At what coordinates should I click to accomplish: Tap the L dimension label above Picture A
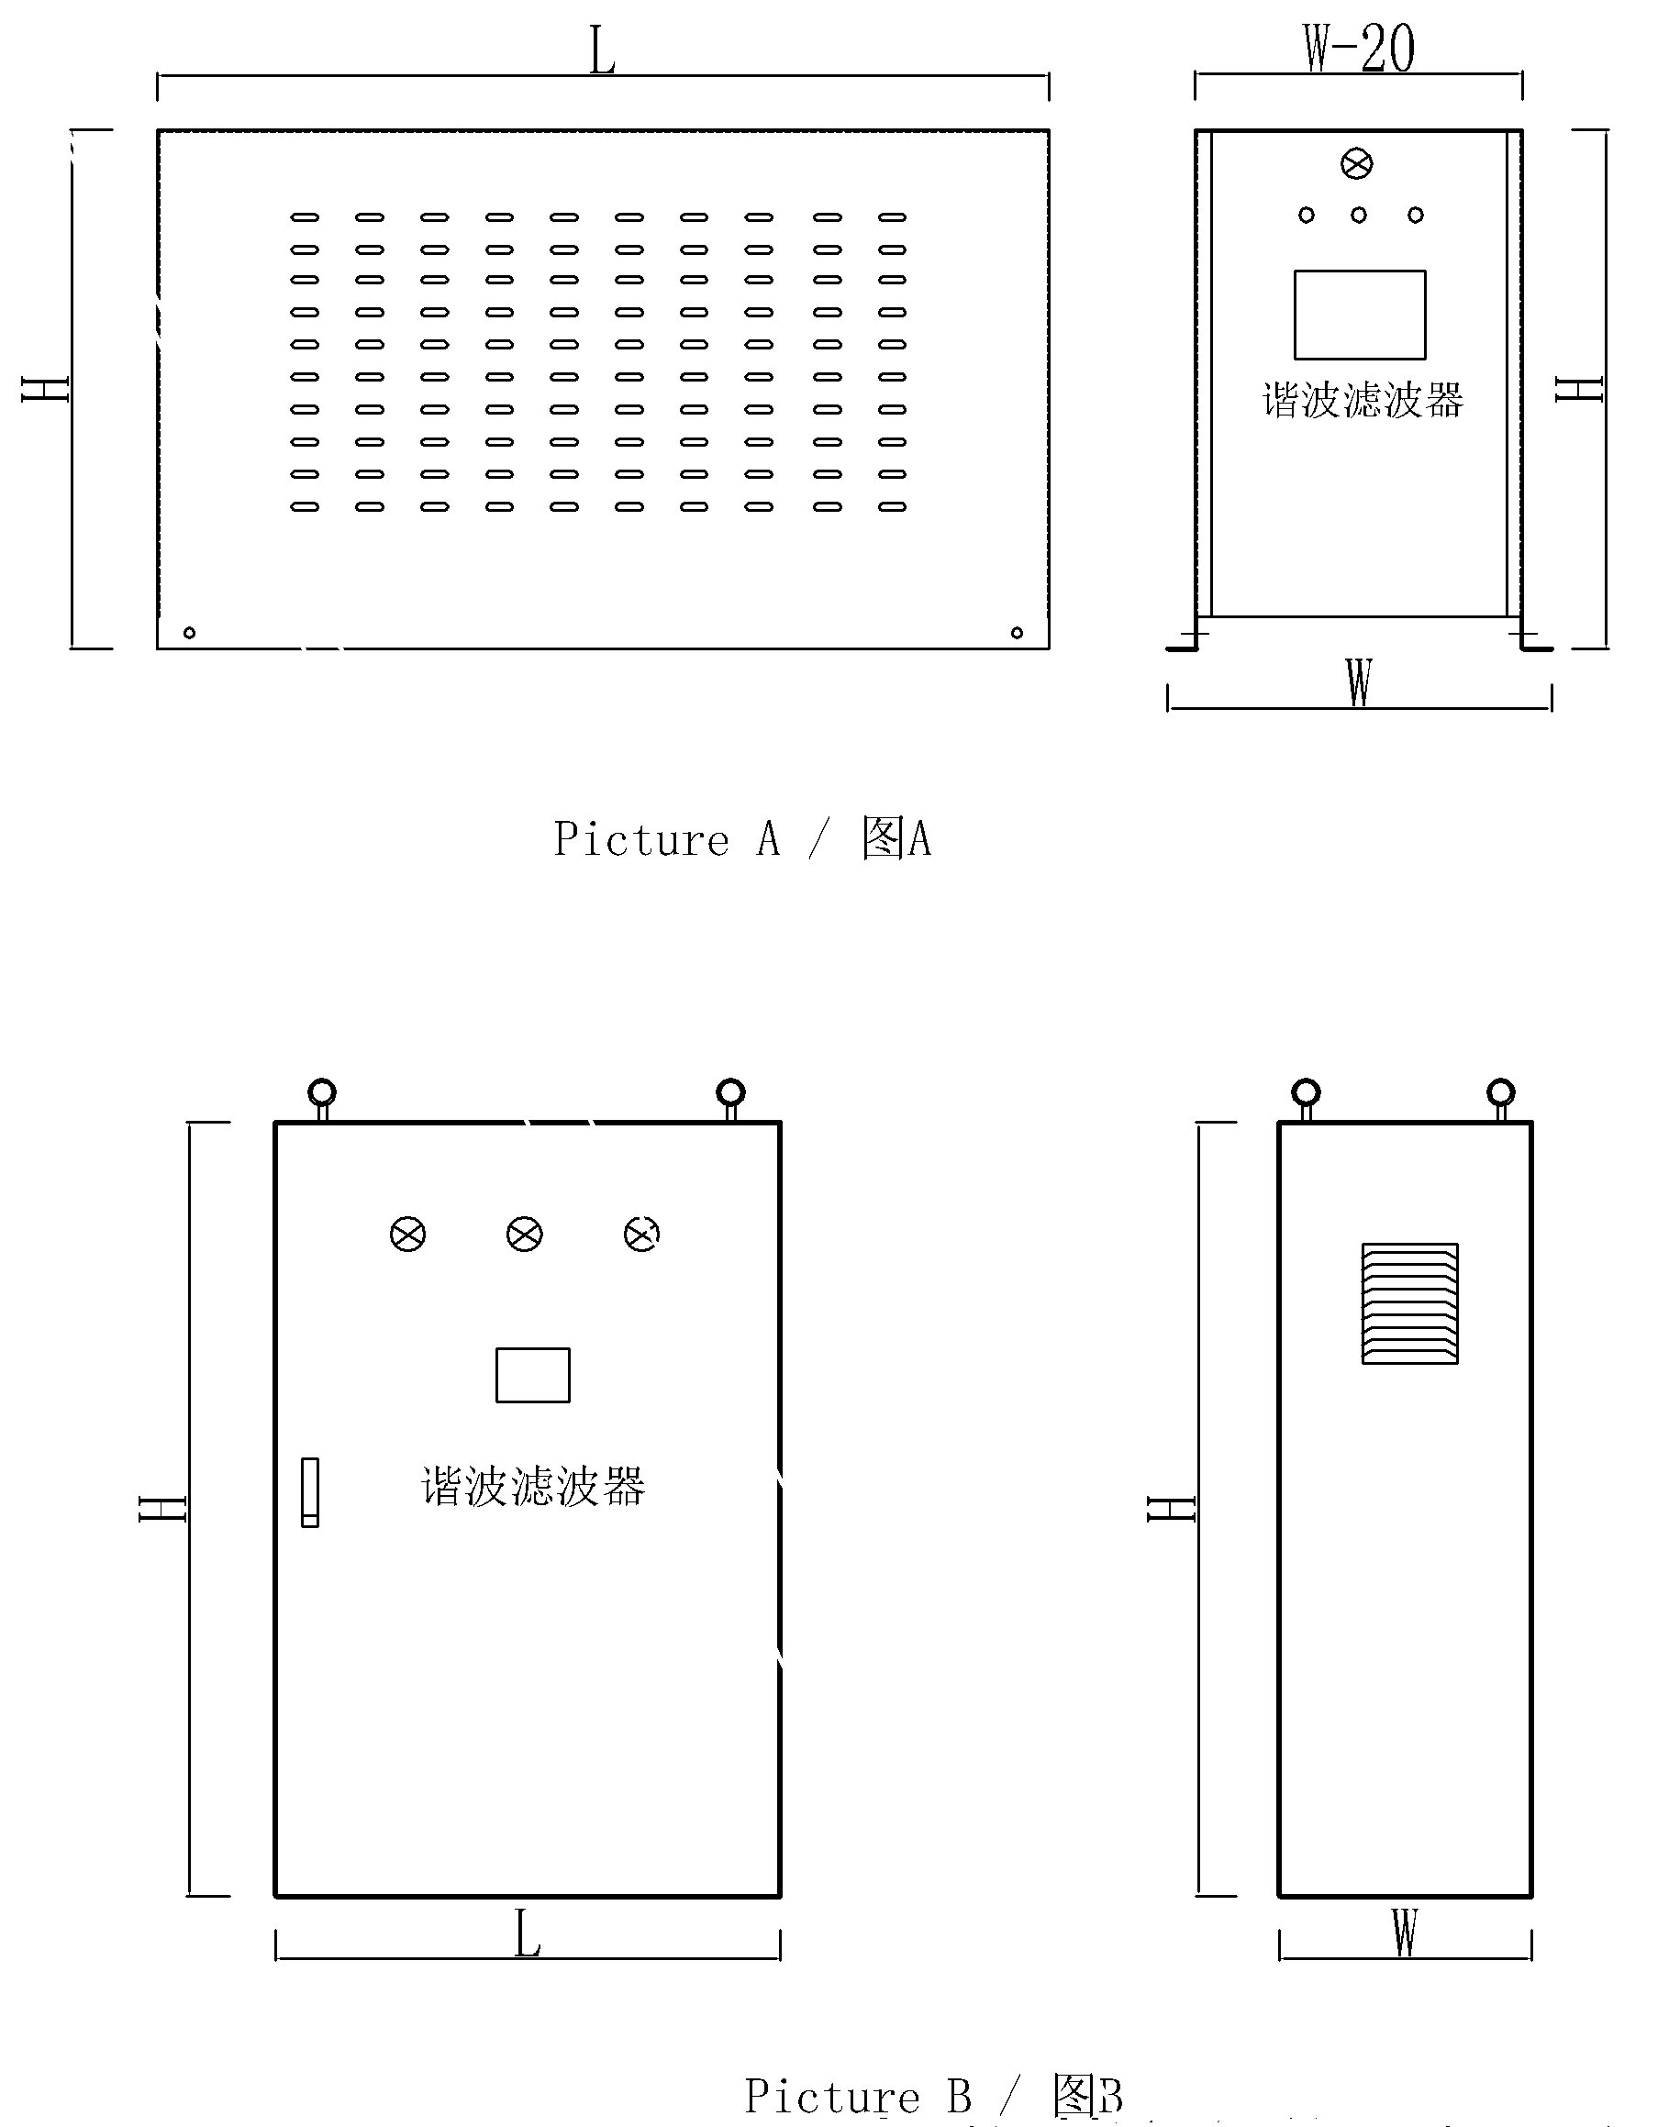[602, 51]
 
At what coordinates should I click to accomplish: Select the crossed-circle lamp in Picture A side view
[1356, 164]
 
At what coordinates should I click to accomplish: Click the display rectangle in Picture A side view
[1360, 315]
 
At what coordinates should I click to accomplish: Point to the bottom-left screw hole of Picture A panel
[190, 632]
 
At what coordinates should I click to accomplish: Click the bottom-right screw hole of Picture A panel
[1017, 632]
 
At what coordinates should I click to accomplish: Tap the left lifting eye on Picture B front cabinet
[322, 1092]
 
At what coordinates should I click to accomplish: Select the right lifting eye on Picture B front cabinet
[731, 1092]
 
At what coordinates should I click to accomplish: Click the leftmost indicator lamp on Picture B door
[408, 1235]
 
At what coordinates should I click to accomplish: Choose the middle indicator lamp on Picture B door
[524, 1235]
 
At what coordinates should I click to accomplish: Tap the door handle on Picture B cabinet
[310, 1491]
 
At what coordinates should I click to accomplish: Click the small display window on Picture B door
[532, 1375]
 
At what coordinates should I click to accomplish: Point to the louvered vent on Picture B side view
[1409, 1304]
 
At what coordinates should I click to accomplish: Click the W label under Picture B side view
[1405, 1933]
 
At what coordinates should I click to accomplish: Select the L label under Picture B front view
[528, 1934]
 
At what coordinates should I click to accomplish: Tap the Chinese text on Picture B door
[533, 1486]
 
